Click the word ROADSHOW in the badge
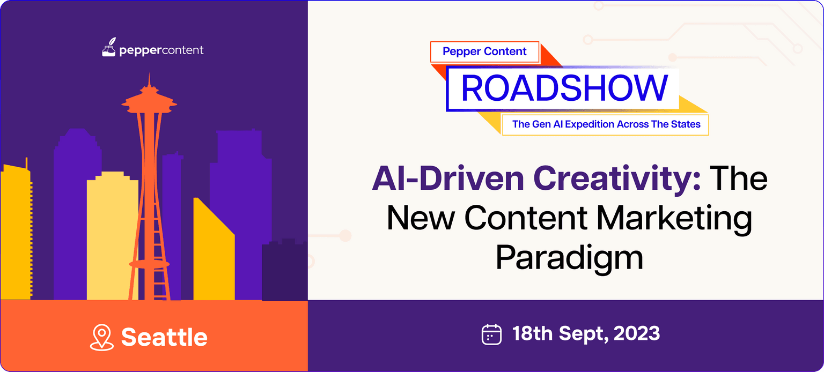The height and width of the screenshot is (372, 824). point(564,88)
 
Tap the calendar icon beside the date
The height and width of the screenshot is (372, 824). point(491,334)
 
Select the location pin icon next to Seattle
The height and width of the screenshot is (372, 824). point(102,337)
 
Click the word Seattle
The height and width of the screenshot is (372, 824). point(164,337)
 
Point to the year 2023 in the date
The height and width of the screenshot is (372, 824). point(636,333)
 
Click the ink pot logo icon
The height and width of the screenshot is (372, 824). point(109,47)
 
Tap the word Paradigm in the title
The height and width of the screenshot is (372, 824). point(569,258)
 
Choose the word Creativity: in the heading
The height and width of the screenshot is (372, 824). point(617,178)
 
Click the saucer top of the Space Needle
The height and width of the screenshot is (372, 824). point(149,102)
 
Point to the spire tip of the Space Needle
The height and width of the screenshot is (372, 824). point(149,73)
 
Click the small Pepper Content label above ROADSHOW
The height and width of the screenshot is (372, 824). point(484,51)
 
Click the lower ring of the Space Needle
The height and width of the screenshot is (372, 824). point(149,264)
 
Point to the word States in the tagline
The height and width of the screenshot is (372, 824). point(686,124)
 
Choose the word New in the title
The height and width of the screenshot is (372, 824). point(421,219)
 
